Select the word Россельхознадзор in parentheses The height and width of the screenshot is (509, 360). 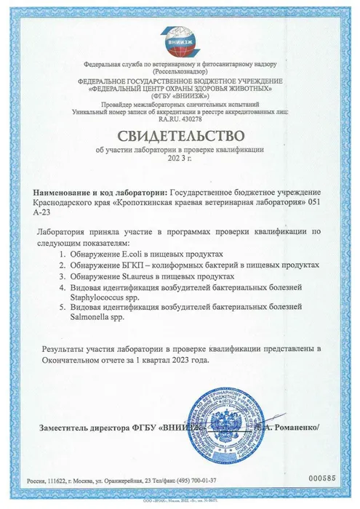(180, 72)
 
